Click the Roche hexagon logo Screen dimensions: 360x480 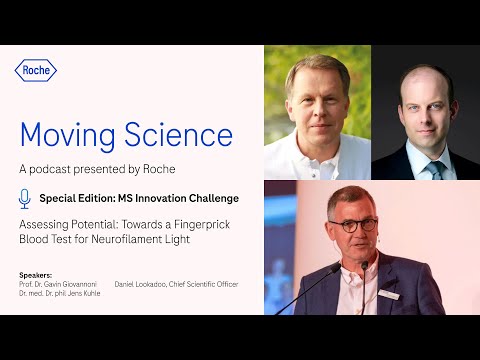point(36,70)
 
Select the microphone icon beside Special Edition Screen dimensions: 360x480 point(25,198)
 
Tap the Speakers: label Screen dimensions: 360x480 point(36,274)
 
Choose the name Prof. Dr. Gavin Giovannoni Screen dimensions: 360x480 point(59,284)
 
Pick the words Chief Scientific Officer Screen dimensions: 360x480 point(206,284)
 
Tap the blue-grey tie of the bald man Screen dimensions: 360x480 point(435,169)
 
